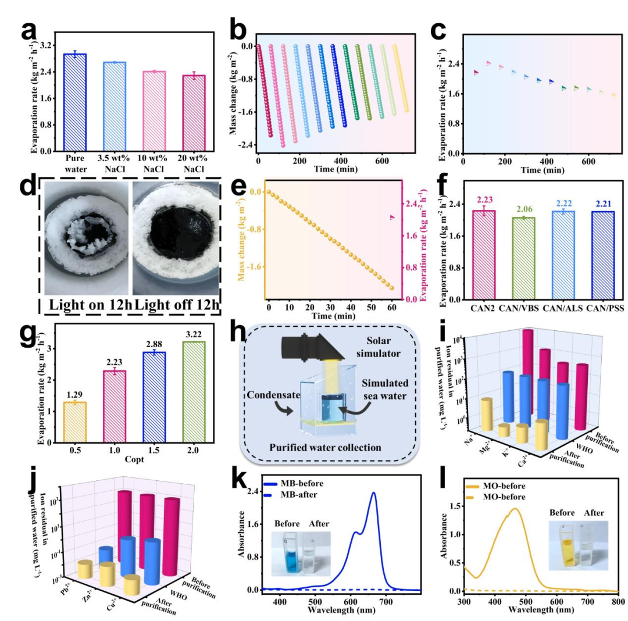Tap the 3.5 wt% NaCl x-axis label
(116, 163)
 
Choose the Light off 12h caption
(176, 304)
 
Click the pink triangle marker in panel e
(392, 217)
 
